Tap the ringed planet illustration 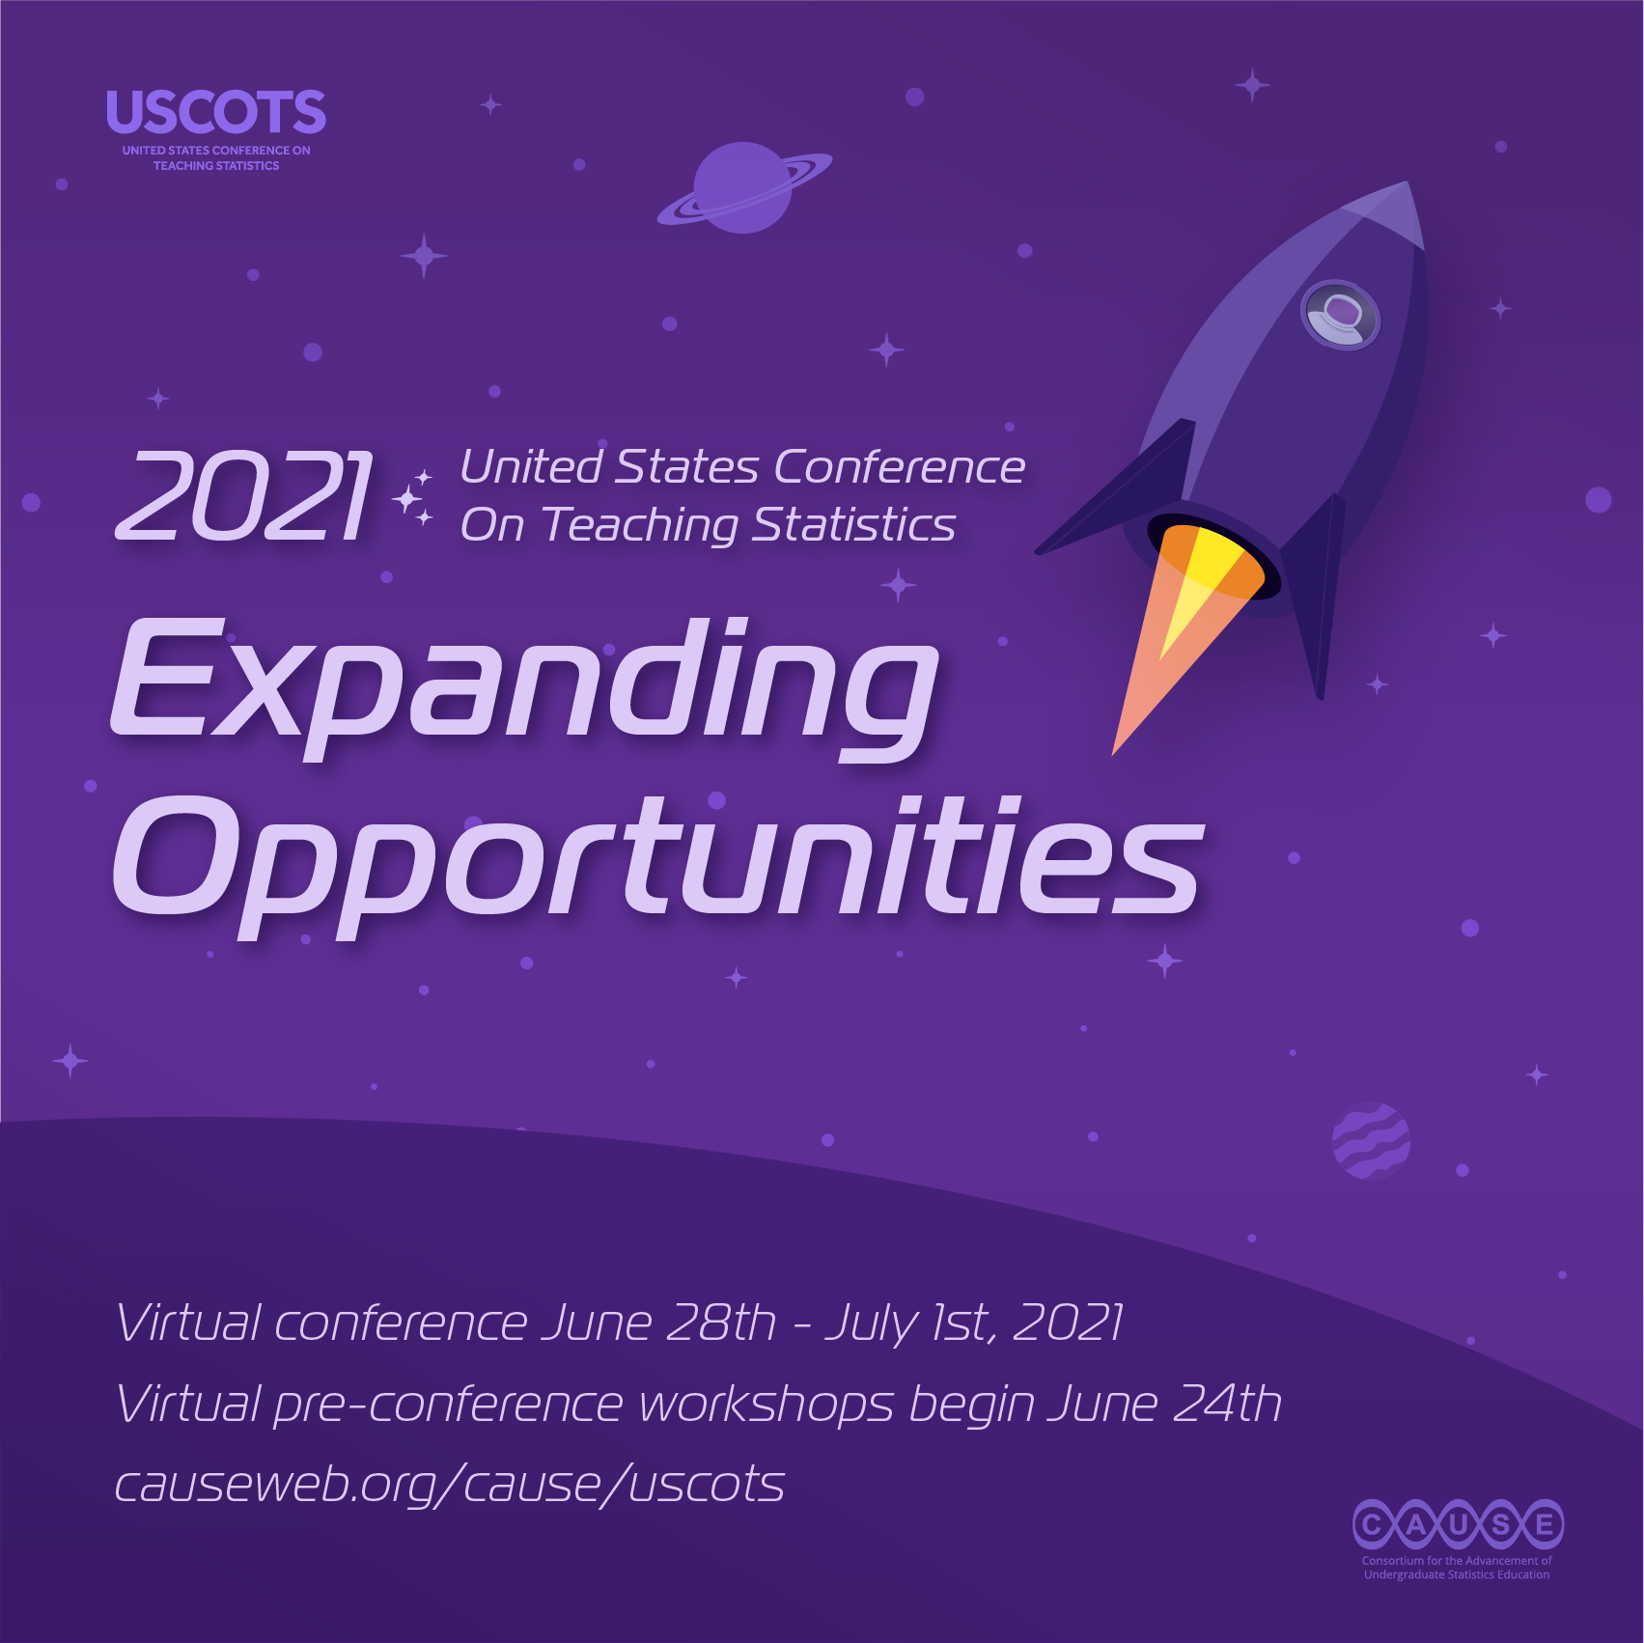click(743, 188)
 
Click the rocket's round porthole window click(1340, 315)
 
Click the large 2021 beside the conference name click(243, 496)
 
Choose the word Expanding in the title click(523, 687)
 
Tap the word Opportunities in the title click(656, 863)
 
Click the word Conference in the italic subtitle click(899, 467)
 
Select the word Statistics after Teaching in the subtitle click(854, 525)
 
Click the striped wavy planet click(1371, 1140)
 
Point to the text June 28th click(658, 1323)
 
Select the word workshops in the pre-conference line click(766, 1404)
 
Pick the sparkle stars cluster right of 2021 click(412, 498)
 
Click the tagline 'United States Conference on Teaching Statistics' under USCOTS click(216, 158)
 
